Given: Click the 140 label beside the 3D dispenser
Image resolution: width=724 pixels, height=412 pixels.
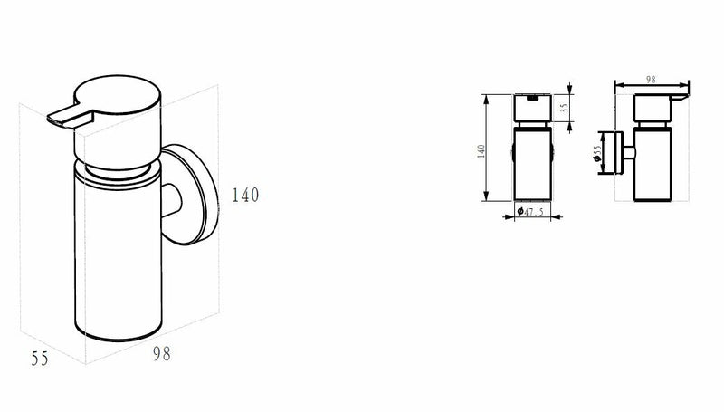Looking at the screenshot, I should coord(245,195).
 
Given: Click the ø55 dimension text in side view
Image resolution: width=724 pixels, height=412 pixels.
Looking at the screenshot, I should coord(598,155).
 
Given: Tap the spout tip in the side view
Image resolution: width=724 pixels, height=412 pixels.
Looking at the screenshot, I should coord(685,96).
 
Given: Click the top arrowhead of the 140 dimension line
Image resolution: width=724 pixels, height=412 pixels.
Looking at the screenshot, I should coord(488,96).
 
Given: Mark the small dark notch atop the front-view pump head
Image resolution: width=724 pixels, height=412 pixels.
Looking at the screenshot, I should coord(533,94).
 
